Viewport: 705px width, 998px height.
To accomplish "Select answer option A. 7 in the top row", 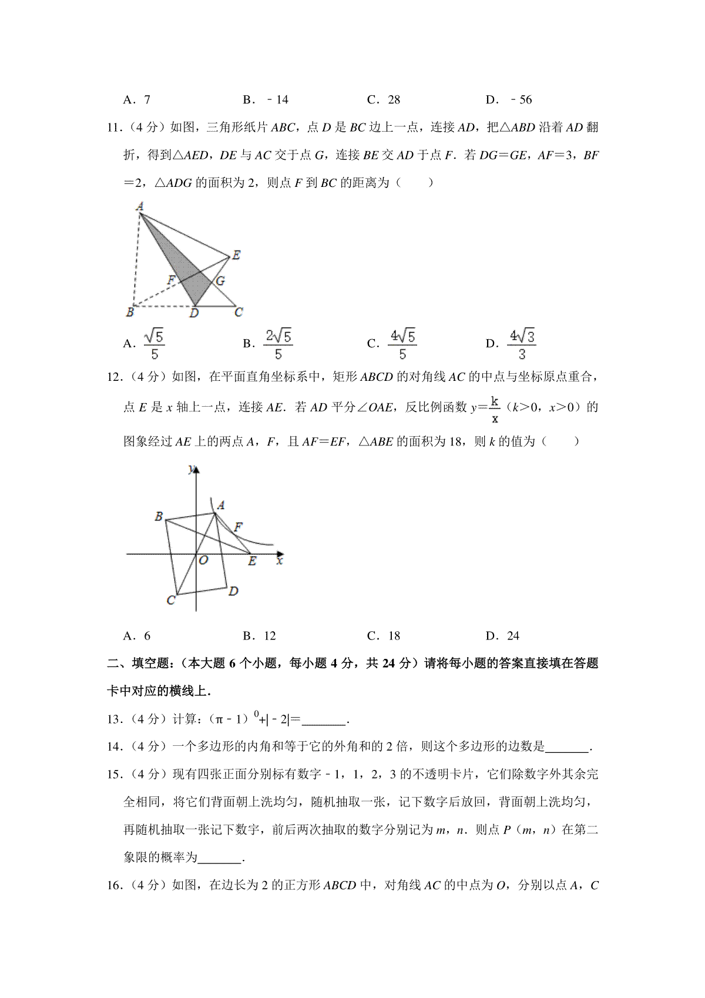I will click(137, 100).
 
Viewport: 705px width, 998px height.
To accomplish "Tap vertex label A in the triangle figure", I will click(140, 206).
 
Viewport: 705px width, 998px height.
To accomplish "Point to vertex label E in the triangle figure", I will click(236, 255).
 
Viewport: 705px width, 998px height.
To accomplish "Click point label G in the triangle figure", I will click(220, 281).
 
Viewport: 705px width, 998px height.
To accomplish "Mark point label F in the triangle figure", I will click(171, 280).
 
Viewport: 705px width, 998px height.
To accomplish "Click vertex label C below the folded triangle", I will click(238, 312).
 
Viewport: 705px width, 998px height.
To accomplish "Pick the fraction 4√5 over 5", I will click(402, 344).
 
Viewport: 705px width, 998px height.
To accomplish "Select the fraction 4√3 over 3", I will click(522, 344).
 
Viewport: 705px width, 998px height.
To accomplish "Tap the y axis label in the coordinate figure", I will click(191, 468).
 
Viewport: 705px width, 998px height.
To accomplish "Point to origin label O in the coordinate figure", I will click(203, 560).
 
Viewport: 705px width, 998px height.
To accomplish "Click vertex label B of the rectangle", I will click(159, 517).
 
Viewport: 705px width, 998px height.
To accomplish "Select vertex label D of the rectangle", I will click(233, 591).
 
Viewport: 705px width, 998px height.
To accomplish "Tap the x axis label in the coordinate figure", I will click(280, 561).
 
